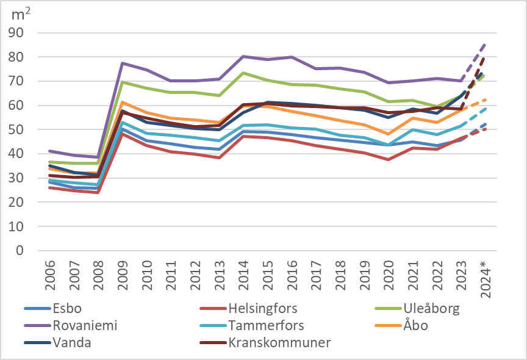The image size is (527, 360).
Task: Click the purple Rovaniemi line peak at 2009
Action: coord(123,63)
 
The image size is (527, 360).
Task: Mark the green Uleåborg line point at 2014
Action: coord(244,73)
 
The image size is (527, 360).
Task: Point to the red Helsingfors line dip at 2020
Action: coord(389,159)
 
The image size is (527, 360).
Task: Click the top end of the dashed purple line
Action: coord(486,44)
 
